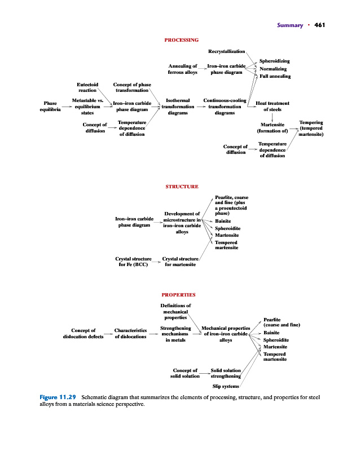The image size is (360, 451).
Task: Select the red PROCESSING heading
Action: [x=181, y=40]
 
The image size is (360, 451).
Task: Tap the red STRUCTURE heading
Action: [x=181, y=186]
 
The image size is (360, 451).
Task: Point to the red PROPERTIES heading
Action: [x=178, y=294]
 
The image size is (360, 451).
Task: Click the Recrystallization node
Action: [x=226, y=51]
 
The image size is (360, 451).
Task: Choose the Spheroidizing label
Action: [x=274, y=60]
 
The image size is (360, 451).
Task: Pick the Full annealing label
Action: [x=275, y=76]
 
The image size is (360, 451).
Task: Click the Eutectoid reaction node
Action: [x=87, y=87]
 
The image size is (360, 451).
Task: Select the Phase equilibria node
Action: [x=50, y=107]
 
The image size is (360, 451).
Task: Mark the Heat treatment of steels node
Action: [x=272, y=107]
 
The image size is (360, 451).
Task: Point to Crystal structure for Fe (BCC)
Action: [x=133, y=261]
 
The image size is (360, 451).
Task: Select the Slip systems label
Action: [x=225, y=386]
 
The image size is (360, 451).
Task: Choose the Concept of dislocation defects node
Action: [x=83, y=333]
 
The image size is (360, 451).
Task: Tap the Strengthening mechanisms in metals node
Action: [x=175, y=333]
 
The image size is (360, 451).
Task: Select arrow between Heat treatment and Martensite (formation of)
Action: [x=272, y=117]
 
